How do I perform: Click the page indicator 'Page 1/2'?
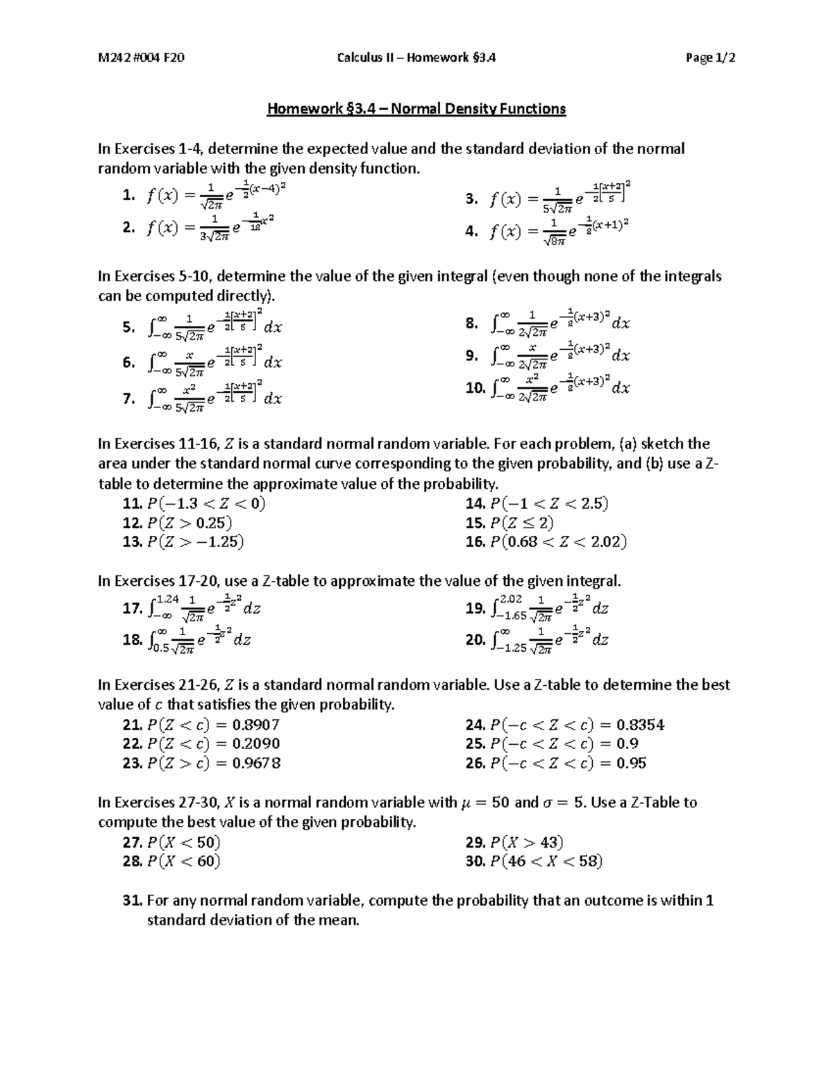(710, 58)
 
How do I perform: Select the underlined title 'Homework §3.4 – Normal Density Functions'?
(416, 108)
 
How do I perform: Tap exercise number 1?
(128, 196)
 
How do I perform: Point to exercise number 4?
(471, 232)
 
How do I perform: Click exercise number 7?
(128, 398)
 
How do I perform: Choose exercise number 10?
(476, 388)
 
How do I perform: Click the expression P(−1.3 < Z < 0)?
(206, 503)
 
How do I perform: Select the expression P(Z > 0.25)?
(190, 523)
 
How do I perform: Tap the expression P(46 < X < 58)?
(546, 861)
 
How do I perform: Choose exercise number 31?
(132, 900)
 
